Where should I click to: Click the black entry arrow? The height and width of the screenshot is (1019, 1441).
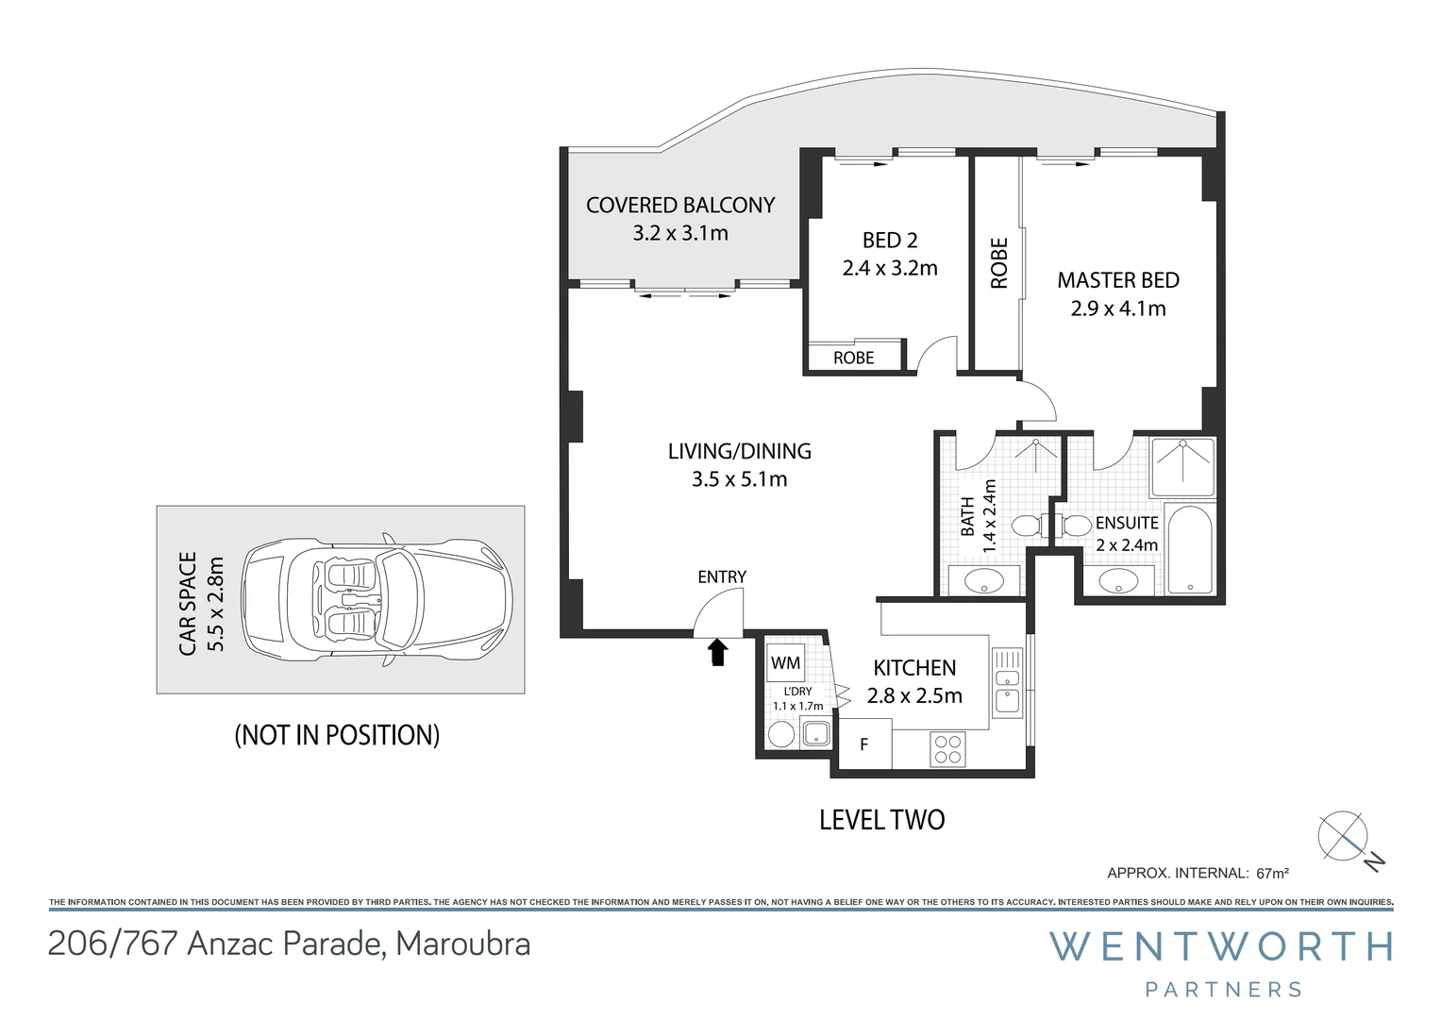click(x=718, y=652)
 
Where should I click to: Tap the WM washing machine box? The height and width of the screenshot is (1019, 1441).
click(x=785, y=662)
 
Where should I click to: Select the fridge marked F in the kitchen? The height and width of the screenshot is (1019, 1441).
click(x=864, y=743)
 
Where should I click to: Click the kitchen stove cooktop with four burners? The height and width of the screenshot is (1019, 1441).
click(x=947, y=749)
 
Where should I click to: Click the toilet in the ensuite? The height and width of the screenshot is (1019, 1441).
click(x=1071, y=525)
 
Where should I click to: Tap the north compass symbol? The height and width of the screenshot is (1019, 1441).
click(x=1344, y=836)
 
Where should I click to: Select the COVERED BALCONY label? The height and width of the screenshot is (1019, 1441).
click(x=680, y=206)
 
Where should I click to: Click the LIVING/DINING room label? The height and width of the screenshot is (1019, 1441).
click(x=739, y=451)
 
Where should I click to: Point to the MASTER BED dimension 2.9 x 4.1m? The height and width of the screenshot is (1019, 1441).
click(x=1118, y=309)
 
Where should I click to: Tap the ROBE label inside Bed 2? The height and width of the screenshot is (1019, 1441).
click(x=853, y=358)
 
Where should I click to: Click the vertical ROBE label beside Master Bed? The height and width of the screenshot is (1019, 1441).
click(x=998, y=263)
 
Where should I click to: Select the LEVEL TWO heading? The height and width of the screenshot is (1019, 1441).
click(x=881, y=820)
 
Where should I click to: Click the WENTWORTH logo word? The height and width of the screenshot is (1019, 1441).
click(x=1222, y=946)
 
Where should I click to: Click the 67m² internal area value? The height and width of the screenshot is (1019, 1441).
click(x=1272, y=873)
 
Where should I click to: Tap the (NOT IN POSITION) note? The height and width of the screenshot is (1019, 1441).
click(x=337, y=735)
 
